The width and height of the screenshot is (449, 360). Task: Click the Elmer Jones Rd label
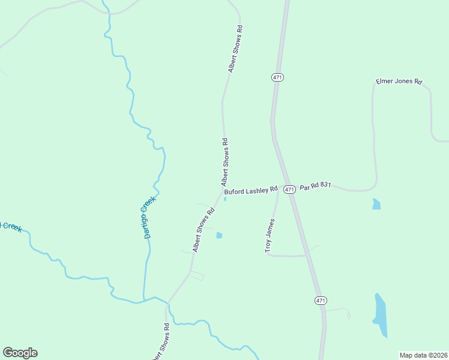[x=399, y=81]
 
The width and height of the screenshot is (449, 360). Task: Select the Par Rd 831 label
[x=316, y=187]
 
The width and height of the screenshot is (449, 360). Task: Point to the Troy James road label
[x=270, y=236]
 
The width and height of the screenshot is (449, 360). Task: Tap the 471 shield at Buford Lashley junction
[x=289, y=190]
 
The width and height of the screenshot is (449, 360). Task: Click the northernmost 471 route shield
[x=277, y=77]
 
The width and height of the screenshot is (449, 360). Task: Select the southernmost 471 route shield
[x=321, y=300]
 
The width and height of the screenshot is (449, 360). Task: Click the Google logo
[x=20, y=353]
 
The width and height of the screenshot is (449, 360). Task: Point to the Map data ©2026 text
[x=423, y=355]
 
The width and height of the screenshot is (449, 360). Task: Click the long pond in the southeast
[x=380, y=316]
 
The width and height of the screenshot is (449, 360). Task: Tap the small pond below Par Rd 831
[x=376, y=204]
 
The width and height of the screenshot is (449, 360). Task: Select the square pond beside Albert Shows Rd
[x=219, y=235]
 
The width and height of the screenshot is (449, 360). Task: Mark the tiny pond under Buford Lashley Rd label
[x=224, y=200]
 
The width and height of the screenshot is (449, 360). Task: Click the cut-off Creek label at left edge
[x=11, y=227]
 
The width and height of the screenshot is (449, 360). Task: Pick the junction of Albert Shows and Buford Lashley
[x=221, y=193]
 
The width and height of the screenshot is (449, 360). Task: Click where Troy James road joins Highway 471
[x=307, y=256]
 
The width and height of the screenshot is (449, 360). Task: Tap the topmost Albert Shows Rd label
[x=235, y=49]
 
